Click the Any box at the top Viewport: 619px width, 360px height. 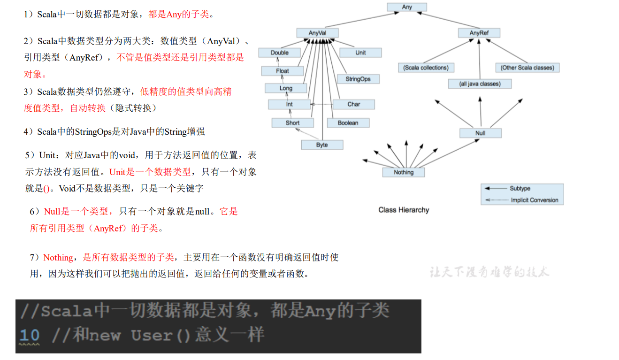407,7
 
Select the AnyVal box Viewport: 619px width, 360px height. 317,33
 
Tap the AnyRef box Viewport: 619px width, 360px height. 479,33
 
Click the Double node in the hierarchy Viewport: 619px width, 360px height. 280,53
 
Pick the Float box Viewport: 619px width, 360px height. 283,71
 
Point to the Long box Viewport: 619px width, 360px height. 286,88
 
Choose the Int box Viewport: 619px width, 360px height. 290,104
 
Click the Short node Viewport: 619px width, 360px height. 292,123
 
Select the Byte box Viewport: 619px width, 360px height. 322,145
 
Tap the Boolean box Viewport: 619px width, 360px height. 348,123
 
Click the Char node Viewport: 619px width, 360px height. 354,104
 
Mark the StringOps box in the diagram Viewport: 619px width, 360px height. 358,79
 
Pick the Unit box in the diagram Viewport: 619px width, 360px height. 360,53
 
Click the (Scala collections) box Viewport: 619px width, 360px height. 426,68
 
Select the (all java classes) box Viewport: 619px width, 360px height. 480,84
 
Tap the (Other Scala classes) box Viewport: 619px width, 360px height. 527,68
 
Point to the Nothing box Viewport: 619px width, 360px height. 404,172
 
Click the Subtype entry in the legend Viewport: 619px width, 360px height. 520,188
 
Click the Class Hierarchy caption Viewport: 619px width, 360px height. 404,210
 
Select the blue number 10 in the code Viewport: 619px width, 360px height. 30,335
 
